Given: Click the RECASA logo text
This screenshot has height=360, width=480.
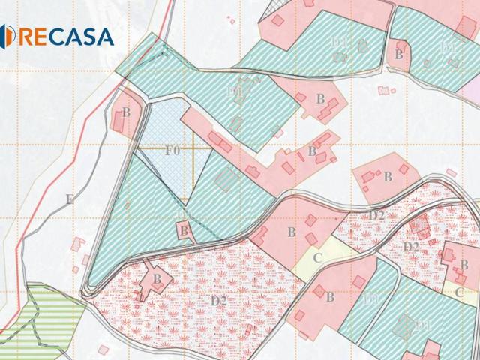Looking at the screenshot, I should click(x=66, y=36).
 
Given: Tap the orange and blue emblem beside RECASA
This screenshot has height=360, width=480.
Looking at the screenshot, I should click(x=7, y=35).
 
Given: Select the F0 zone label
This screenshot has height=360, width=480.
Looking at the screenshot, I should click(x=172, y=150).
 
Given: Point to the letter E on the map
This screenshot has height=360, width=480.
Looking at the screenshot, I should click(x=69, y=199).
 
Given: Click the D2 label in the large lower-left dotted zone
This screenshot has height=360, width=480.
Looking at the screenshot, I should click(x=218, y=301).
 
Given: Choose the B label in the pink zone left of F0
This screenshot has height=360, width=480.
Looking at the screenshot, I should click(x=127, y=112).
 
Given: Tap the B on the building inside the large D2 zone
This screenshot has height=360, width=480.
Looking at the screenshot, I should click(x=157, y=279).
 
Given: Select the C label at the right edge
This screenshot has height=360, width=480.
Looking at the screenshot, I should click(x=459, y=292).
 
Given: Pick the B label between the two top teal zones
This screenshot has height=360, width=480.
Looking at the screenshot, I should click(x=399, y=55).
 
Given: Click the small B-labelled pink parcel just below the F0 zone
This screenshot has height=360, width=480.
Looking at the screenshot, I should click(x=184, y=230).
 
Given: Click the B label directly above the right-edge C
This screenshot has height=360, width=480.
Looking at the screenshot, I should click(x=463, y=265).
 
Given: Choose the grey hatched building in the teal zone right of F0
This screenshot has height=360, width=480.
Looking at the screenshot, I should click(x=224, y=179).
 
